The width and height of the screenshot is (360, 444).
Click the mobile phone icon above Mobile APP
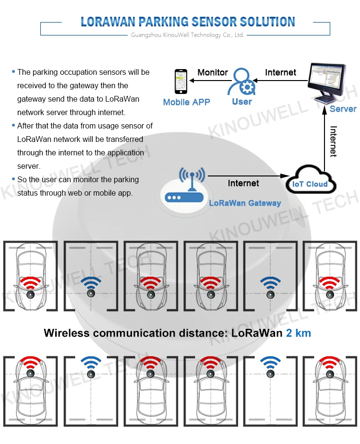pos(180,82)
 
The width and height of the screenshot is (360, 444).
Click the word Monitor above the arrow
pos(213,72)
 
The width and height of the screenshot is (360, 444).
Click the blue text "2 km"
pos(299,333)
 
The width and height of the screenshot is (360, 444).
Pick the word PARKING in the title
pos(163,22)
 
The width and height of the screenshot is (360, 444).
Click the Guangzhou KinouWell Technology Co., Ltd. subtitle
pos(187,35)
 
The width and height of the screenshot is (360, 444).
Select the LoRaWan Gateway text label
pos(245,203)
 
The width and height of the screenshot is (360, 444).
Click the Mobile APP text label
pos(186,102)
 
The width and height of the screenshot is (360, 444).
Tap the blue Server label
pos(343,109)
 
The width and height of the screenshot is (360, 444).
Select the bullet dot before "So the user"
pos(13,179)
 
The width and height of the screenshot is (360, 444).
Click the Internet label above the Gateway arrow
pos(243,183)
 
